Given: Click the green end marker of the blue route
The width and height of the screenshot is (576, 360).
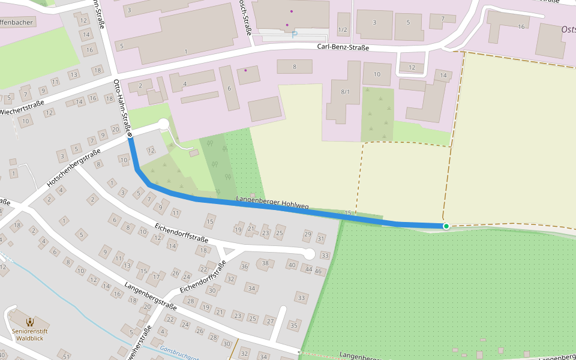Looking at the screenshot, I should coord(446,226).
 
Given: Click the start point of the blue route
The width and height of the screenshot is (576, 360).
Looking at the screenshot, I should coord(130,139).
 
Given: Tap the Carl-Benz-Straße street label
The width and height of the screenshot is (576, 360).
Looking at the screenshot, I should coord(343,47).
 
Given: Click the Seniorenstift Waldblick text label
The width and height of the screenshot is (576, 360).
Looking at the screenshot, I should coord(29,334).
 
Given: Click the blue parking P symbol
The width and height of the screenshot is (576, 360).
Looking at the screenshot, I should coord(294,35).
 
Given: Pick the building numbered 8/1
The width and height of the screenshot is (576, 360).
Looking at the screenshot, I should coord(345,92).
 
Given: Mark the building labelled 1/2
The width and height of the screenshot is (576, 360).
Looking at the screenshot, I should coord(343,29).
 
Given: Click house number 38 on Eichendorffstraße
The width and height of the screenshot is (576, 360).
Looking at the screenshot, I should coord(266,263).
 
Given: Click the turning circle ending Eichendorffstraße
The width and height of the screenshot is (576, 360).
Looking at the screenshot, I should coord(309,254).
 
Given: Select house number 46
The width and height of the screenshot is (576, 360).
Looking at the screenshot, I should coord(319,271).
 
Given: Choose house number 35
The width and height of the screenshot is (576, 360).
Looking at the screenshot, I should coord(293,325).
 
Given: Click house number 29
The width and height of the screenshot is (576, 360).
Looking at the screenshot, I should coord(308,234).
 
